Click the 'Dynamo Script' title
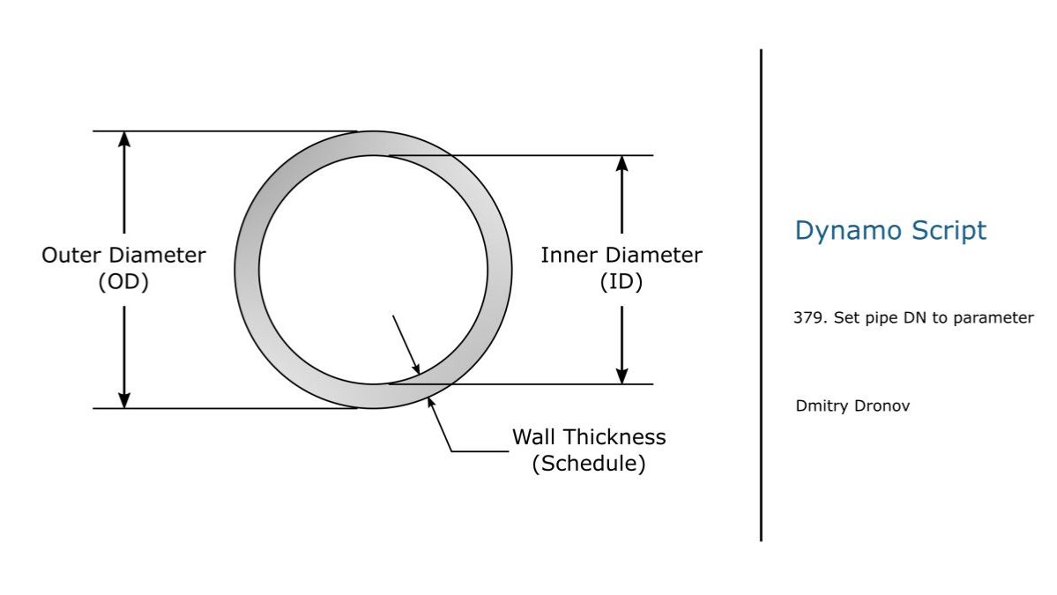[890, 231]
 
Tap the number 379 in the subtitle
[806, 318]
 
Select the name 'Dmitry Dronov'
[852, 406]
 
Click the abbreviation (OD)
[123, 283]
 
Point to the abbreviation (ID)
[622, 283]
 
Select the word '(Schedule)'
[588, 464]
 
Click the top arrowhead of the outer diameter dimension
[124, 139]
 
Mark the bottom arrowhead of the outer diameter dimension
[124, 400]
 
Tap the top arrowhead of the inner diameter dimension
[622, 164]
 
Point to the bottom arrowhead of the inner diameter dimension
[622, 376]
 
